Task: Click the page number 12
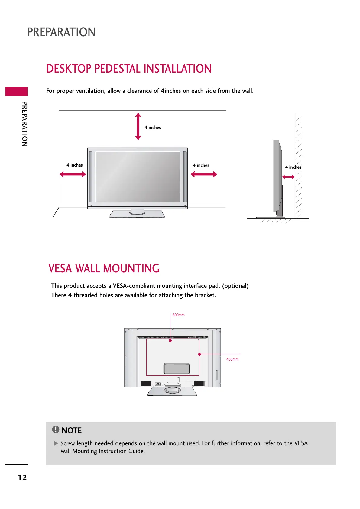22,478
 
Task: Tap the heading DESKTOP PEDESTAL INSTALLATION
129,69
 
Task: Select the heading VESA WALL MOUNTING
104,268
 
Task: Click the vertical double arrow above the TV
138,126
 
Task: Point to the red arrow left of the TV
73,174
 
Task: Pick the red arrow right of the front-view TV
204,174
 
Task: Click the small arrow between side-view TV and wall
288,177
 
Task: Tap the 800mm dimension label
178,315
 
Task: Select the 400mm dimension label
232,359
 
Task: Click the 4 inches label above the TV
153,128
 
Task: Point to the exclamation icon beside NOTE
56,430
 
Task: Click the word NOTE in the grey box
72,430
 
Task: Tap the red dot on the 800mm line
170,341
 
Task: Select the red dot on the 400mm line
199,354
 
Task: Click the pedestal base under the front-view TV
137,214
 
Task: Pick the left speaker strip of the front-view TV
91,177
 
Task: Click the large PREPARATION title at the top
61,32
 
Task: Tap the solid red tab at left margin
16,91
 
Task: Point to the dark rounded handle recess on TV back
177,368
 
